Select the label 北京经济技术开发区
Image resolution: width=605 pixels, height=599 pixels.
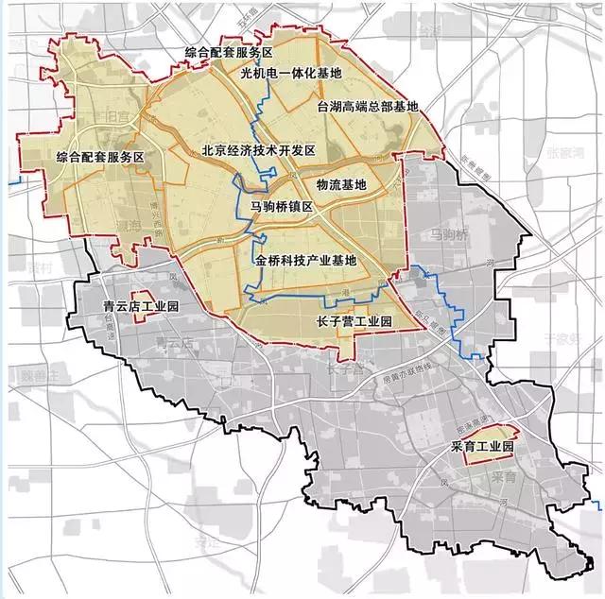[x=257, y=150]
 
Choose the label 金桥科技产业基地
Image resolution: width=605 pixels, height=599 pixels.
[x=305, y=260]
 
